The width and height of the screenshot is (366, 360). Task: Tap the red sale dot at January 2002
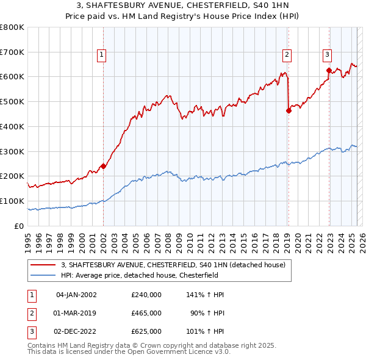104,165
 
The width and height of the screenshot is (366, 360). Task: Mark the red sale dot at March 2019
289,110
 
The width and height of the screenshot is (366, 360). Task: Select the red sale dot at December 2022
329,70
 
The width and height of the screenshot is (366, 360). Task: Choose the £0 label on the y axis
19,226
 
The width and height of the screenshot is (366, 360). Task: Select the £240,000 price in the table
146,295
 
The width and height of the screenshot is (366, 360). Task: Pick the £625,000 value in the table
146,331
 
